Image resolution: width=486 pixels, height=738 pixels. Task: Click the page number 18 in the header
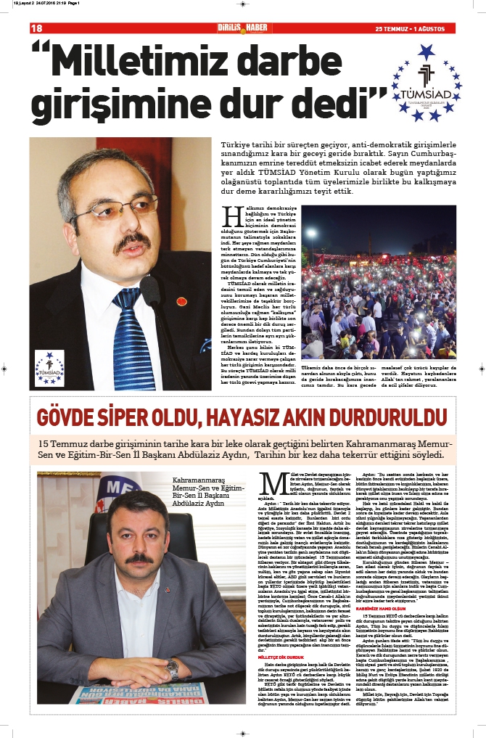click(x=36, y=28)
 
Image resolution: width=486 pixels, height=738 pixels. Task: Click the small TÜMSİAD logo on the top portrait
click(x=49, y=367)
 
